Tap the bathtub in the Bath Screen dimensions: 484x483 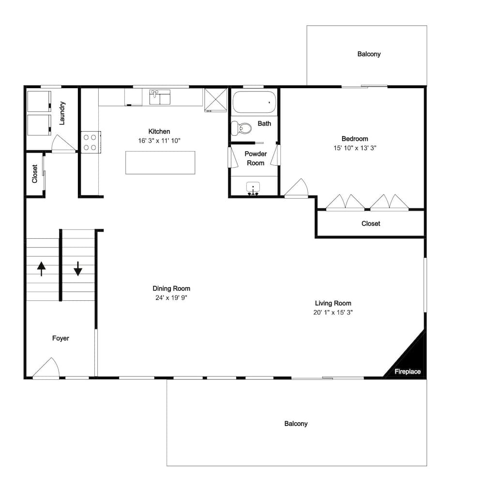click(x=254, y=102)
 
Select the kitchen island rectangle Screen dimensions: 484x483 click(x=160, y=163)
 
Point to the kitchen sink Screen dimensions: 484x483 click(x=160, y=97)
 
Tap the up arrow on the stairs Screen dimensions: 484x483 click(x=41, y=268)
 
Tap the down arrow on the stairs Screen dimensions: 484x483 click(x=78, y=268)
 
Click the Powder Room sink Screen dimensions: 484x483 click(x=253, y=188)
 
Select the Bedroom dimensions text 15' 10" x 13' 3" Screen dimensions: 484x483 click(x=355, y=148)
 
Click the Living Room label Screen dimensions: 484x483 click(x=333, y=303)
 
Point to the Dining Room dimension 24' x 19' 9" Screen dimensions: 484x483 click(x=171, y=297)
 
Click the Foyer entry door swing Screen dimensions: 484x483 click(x=45, y=368)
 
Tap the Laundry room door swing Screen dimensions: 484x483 click(x=63, y=144)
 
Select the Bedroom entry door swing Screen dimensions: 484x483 click(x=296, y=187)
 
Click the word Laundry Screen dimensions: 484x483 click(x=62, y=113)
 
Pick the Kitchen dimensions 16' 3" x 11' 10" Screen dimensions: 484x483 click(x=159, y=140)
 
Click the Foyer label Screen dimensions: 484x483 click(x=60, y=338)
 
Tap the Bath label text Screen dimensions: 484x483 click(x=264, y=124)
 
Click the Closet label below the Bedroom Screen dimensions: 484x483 click(x=371, y=223)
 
